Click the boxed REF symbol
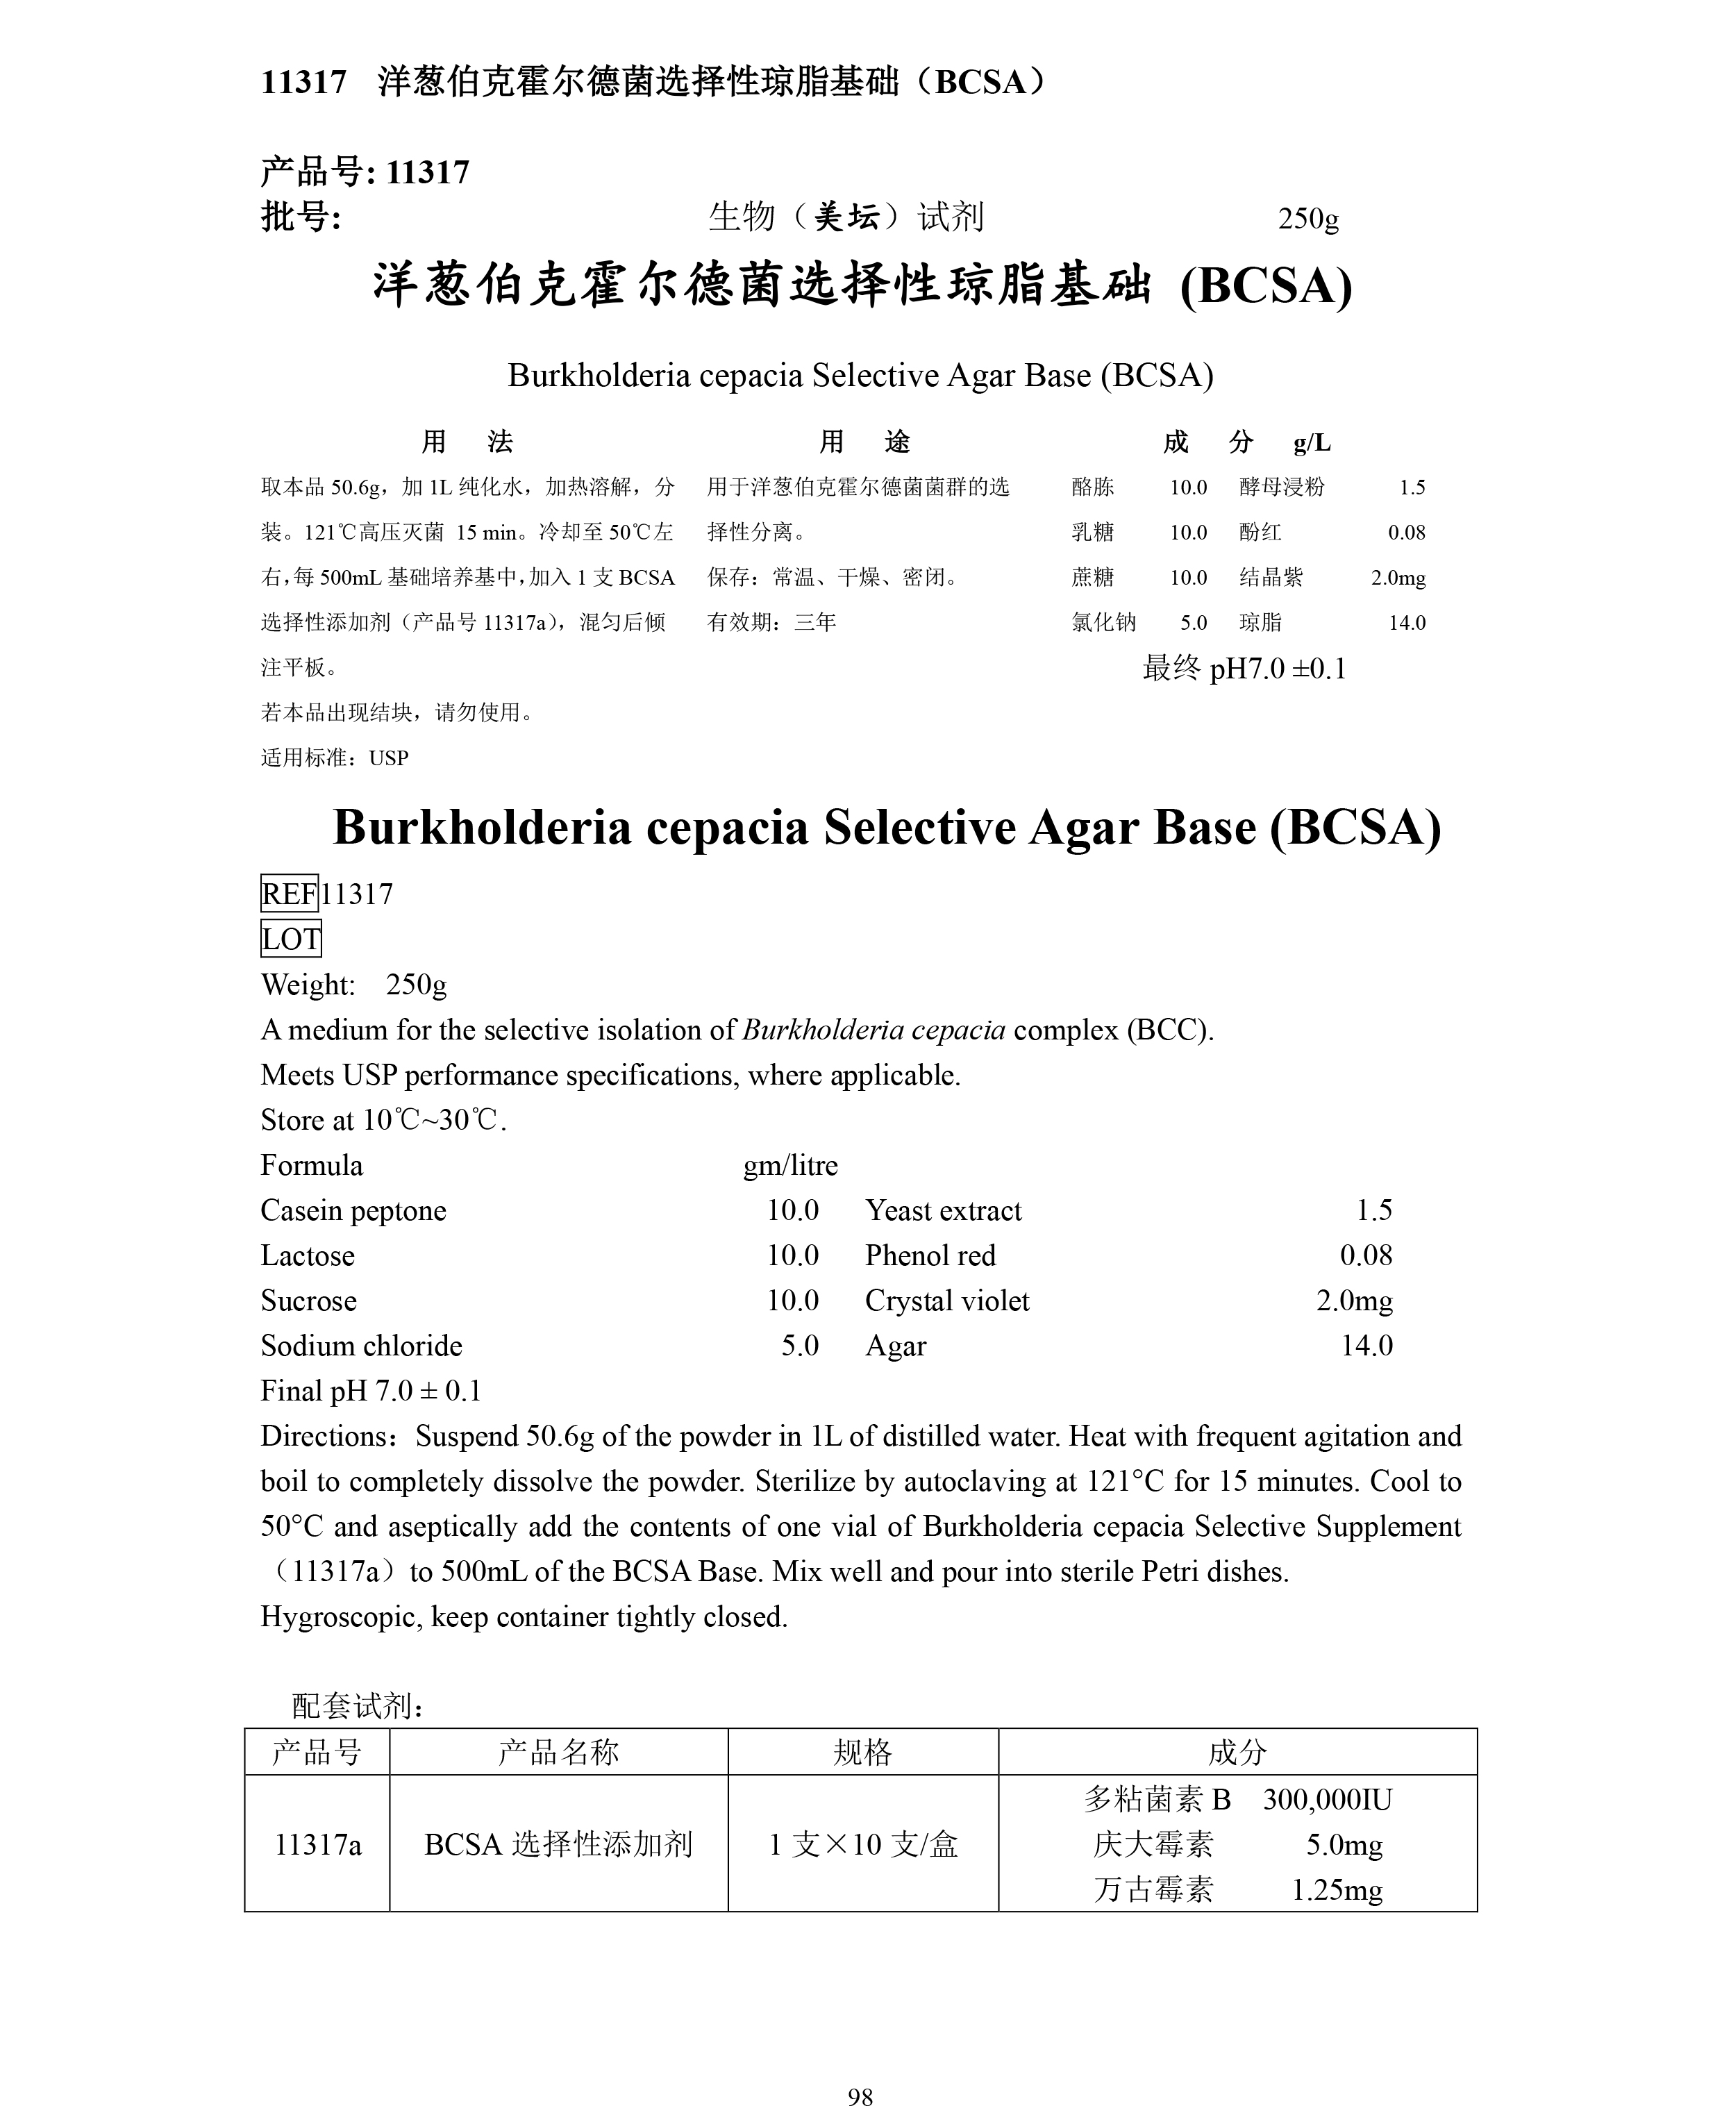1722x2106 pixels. point(289,894)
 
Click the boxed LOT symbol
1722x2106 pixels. point(291,938)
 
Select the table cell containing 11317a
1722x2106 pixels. point(317,1844)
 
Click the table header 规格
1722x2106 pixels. point(862,1752)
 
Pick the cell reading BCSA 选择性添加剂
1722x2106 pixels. point(558,1844)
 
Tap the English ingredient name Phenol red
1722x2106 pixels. point(930,1255)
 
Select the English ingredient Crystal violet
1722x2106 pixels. point(946,1301)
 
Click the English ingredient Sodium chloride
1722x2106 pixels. point(361,1345)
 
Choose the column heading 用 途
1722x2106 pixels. point(864,442)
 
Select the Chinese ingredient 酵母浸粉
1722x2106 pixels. point(1282,487)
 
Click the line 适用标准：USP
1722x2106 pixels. point(334,758)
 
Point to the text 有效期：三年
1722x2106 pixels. point(771,622)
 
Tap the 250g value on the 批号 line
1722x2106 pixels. point(1307,218)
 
